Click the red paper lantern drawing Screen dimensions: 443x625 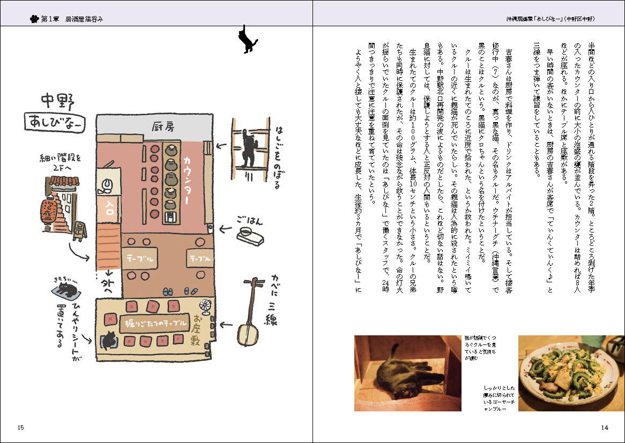pyautogui.click(x=51, y=211)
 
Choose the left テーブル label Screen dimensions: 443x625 pyautogui.click(x=140, y=258)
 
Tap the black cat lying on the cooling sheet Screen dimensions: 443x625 pyautogui.click(x=65, y=291)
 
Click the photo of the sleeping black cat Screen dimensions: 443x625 pyautogui.click(x=407, y=373)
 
